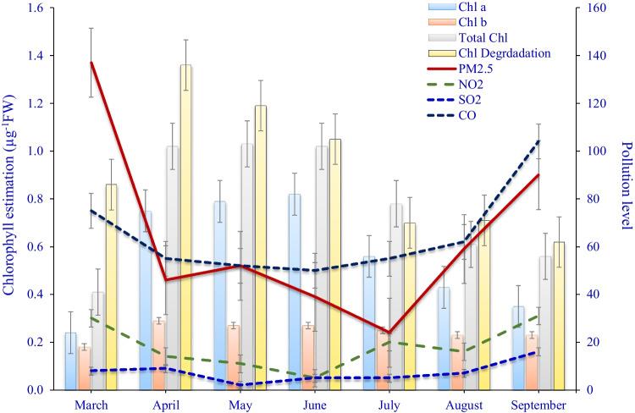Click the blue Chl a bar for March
70,361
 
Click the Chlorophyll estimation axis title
9,199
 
